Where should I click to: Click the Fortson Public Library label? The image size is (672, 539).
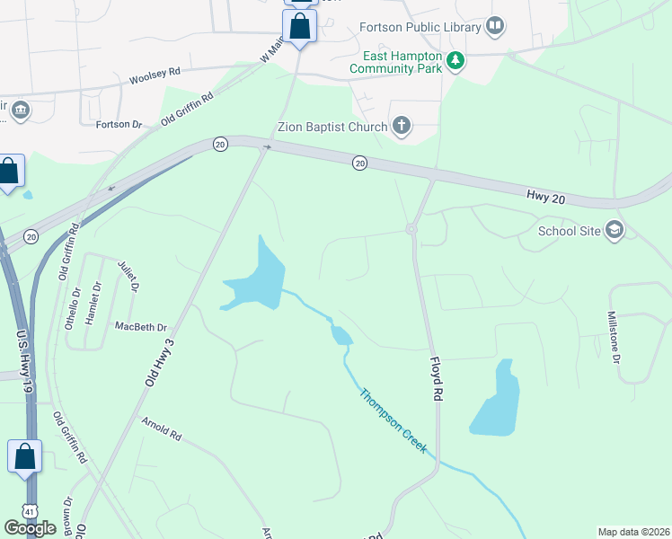tap(420, 27)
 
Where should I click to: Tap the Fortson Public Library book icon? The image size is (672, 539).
tap(495, 27)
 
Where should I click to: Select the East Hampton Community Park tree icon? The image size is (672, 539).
tap(456, 61)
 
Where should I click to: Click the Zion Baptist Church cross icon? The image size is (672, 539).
tap(402, 127)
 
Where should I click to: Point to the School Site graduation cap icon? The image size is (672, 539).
tap(615, 230)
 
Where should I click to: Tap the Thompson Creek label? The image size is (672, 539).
tap(393, 420)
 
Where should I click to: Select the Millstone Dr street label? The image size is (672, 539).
tap(615, 338)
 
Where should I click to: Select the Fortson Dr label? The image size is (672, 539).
tap(119, 124)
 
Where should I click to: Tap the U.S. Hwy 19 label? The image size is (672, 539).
tap(22, 357)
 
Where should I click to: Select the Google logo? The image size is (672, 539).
tap(30, 527)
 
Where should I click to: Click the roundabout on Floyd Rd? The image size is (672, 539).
tap(411, 229)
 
